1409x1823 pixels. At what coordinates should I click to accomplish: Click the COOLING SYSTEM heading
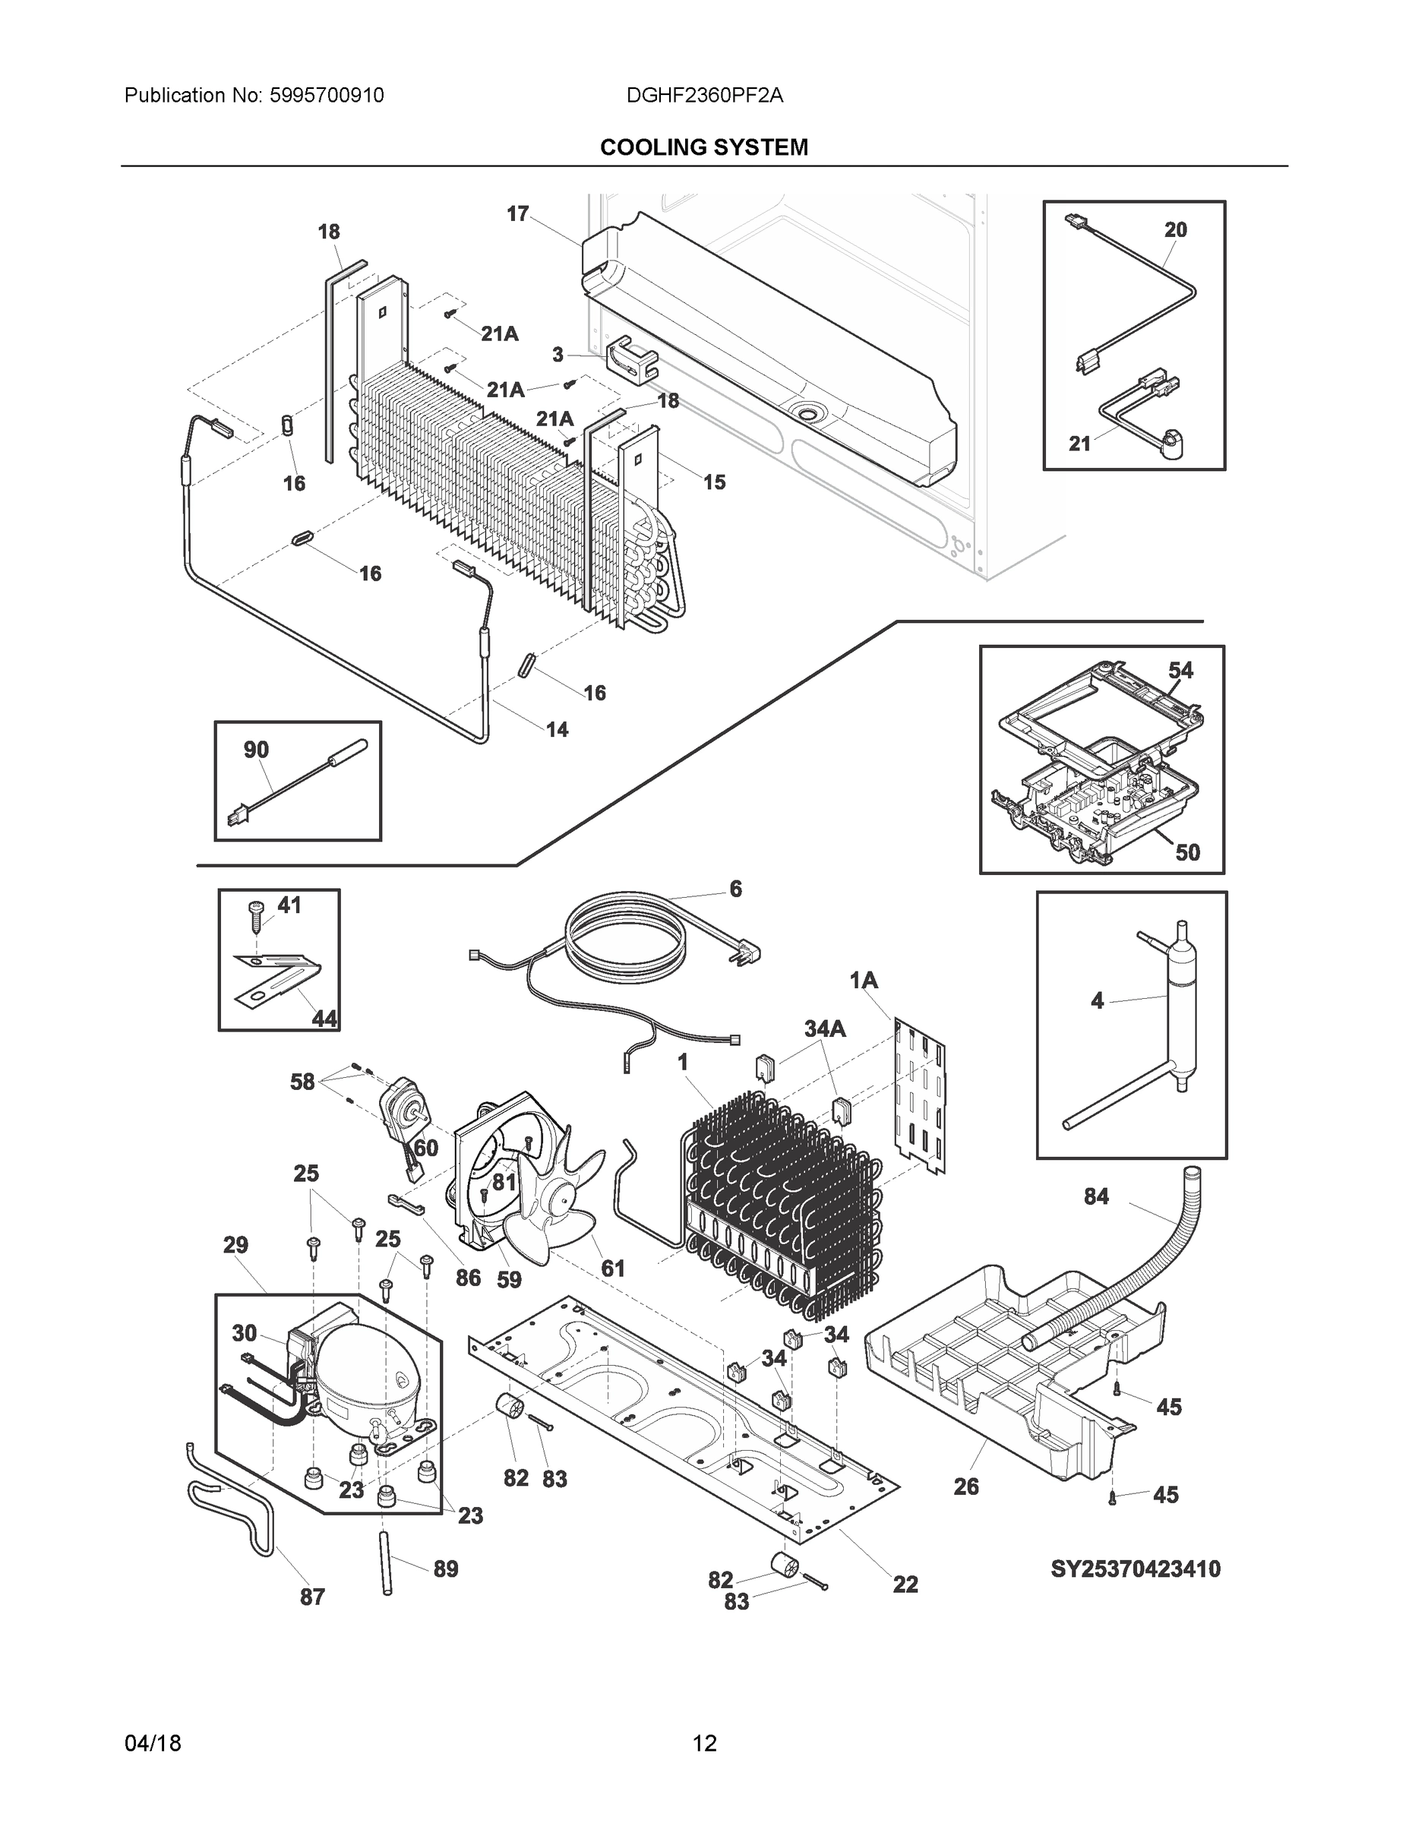(703, 148)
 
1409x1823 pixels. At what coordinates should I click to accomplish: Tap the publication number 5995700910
(327, 96)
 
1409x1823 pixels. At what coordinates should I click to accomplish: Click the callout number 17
(517, 214)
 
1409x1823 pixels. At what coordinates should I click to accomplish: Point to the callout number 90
(256, 750)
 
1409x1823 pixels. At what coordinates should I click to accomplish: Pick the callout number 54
(1180, 670)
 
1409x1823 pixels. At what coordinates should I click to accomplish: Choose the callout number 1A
(864, 981)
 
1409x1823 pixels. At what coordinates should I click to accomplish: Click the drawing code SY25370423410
(1136, 1569)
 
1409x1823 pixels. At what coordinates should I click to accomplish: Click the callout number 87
(312, 1597)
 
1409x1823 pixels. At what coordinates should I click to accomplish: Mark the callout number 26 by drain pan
(965, 1487)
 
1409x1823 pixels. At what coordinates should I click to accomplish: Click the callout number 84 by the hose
(1096, 1197)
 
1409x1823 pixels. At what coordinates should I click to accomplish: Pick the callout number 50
(1187, 852)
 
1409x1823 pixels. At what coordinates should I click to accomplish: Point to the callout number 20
(1175, 229)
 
